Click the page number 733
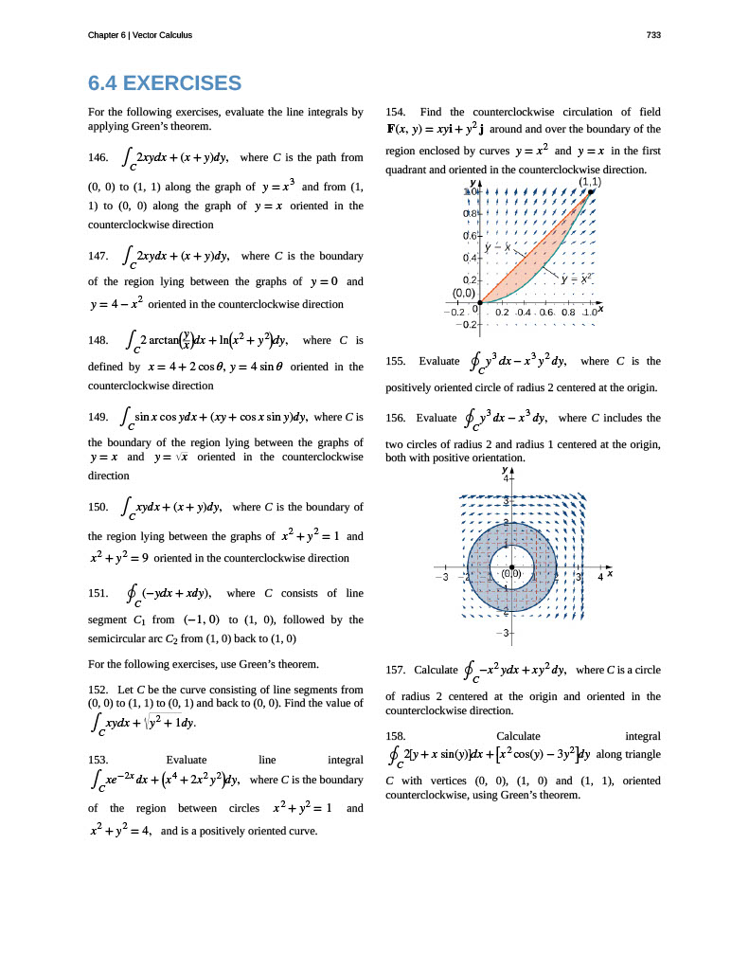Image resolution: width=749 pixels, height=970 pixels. coord(652,35)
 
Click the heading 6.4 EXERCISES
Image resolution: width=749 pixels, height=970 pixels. coord(165,83)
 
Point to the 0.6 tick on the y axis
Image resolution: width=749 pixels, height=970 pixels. coord(470,235)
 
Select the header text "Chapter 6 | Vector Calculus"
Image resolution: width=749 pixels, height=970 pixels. coord(139,35)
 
